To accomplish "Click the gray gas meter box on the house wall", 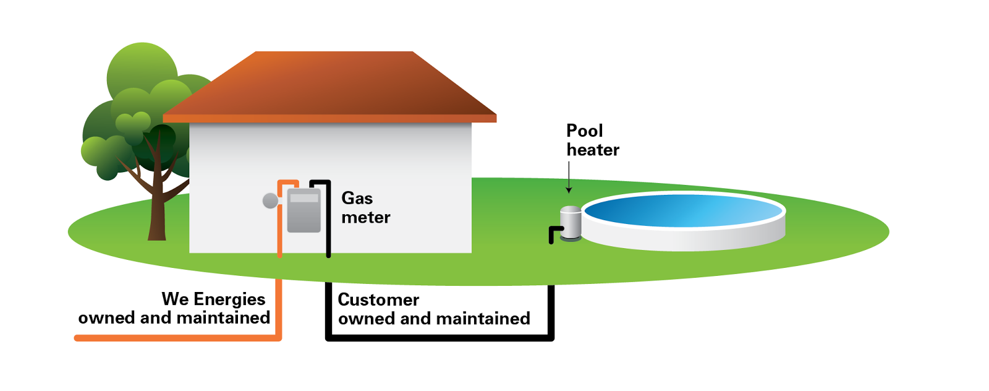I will pos(303,211).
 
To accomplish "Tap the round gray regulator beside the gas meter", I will pos(270,200).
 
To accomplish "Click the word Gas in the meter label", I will pos(357,198).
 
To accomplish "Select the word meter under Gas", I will pos(365,217).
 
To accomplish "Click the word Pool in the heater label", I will pos(584,131).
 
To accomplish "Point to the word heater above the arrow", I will pos(593,150).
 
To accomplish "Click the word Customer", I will pos(378,299).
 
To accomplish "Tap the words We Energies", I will pos(213,299).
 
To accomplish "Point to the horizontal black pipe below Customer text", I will pos(439,338).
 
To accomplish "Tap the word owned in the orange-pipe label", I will pos(106,318).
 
